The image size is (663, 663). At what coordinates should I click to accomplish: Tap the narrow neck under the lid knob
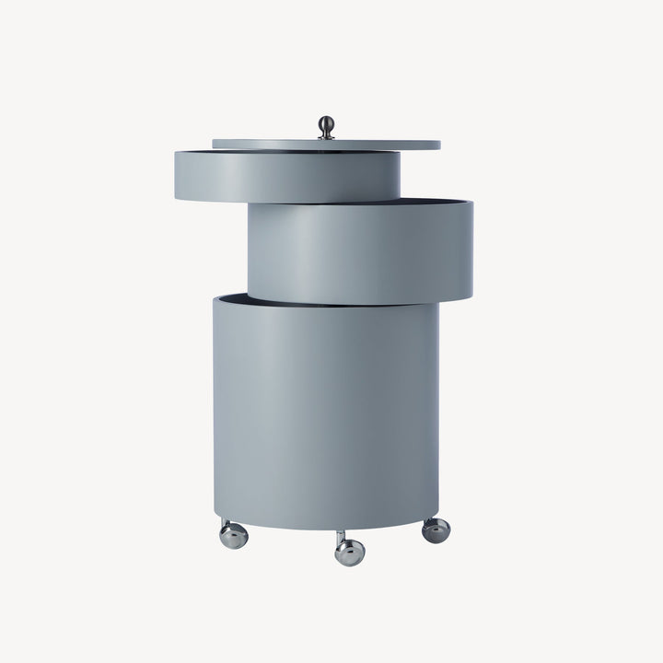tap(326, 134)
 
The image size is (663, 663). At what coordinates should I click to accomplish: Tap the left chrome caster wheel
tap(234, 535)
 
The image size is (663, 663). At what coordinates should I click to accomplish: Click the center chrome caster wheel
tap(350, 552)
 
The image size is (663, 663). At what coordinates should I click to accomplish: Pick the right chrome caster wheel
tap(436, 529)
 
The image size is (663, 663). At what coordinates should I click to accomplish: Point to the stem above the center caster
tap(341, 536)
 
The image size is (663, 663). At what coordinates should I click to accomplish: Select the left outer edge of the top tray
tap(177, 175)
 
